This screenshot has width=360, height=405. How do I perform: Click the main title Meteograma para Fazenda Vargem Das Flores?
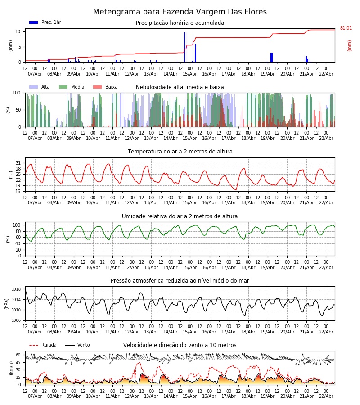180,12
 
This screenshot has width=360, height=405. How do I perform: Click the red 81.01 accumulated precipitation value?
346,28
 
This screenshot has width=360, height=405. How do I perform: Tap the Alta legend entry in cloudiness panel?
45,87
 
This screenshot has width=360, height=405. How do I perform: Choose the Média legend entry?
77,87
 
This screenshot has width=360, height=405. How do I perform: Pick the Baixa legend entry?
111,87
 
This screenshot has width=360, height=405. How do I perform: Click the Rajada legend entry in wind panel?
49,345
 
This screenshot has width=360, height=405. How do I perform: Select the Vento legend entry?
83,345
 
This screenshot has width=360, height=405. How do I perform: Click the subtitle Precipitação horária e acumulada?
180,23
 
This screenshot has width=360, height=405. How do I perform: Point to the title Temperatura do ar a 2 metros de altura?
180,152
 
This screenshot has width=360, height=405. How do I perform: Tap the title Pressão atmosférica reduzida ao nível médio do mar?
180,281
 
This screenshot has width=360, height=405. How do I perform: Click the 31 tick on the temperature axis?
18,163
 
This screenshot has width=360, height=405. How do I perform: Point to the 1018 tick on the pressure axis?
17,289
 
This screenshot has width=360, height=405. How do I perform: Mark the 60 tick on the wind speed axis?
18,355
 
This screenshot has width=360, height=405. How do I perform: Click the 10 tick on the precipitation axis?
18,31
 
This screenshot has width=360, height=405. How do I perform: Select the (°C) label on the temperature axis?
11,174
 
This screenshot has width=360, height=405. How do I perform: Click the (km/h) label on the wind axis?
11,368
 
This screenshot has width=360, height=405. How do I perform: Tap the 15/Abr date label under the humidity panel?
190,267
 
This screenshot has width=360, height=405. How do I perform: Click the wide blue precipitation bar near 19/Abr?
271,57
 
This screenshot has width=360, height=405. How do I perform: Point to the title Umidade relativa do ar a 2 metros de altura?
180,216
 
